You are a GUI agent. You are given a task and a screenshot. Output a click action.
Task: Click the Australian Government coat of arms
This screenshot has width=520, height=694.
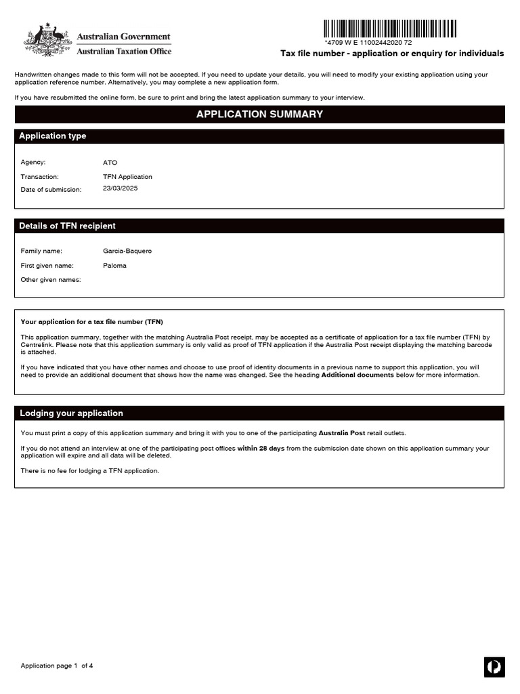pyautogui.click(x=47, y=40)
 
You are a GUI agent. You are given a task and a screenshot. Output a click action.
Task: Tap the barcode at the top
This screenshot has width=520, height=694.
pyautogui.click(x=389, y=28)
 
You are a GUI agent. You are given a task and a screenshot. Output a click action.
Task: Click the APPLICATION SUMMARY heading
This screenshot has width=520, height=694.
pyautogui.click(x=259, y=115)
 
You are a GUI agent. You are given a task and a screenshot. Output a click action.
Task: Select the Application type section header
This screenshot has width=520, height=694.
pyautogui.click(x=53, y=136)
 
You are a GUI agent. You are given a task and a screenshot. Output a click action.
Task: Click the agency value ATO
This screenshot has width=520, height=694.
pyautogui.click(x=110, y=163)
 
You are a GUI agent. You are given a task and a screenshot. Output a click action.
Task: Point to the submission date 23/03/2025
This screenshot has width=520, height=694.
pyautogui.click(x=120, y=188)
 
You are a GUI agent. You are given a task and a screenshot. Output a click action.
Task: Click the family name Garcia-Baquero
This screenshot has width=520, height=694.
pyautogui.click(x=127, y=251)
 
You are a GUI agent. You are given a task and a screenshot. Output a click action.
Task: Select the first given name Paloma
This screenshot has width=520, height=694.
pyautogui.click(x=114, y=266)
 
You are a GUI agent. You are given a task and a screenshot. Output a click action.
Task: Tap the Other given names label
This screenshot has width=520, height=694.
pyautogui.click(x=51, y=280)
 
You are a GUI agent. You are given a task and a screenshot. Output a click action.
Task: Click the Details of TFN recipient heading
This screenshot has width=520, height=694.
pyautogui.click(x=67, y=226)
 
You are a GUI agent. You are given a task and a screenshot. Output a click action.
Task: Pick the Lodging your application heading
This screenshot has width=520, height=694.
pyautogui.click(x=71, y=413)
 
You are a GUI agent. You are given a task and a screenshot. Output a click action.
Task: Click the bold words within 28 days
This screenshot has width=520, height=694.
pyautogui.click(x=261, y=449)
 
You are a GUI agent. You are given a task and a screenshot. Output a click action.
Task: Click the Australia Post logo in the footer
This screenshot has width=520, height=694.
pyautogui.click(x=494, y=667)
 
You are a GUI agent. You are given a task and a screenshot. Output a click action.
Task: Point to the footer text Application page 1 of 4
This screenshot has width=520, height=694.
pyautogui.click(x=57, y=666)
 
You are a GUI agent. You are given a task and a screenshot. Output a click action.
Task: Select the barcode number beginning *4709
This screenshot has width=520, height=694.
pyautogui.click(x=368, y=42)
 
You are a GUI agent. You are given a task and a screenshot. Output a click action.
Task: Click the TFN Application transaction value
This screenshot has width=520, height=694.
pyautogui.click(x=127, y=177)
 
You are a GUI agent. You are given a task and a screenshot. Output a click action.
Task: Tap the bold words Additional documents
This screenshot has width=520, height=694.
pyautogui.click(x=357, y=375)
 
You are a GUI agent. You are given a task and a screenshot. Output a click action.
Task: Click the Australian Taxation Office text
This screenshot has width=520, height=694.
pyautogui.click(x=124, y=52)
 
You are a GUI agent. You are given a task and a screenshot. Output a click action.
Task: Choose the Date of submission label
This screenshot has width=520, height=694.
pyautogui.click(x=51, y=190)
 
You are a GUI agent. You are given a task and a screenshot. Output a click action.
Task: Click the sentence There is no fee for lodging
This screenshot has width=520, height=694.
pyautogui.click(x=90, y=471)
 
